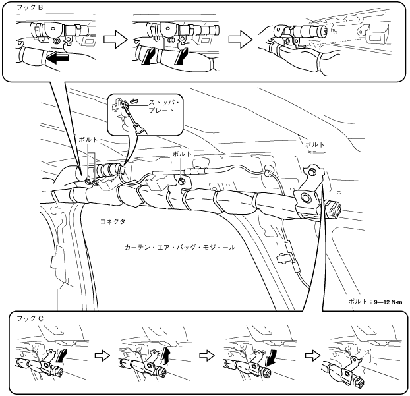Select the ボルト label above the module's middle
coord(181,153)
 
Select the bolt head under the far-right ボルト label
coord(312,171)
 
